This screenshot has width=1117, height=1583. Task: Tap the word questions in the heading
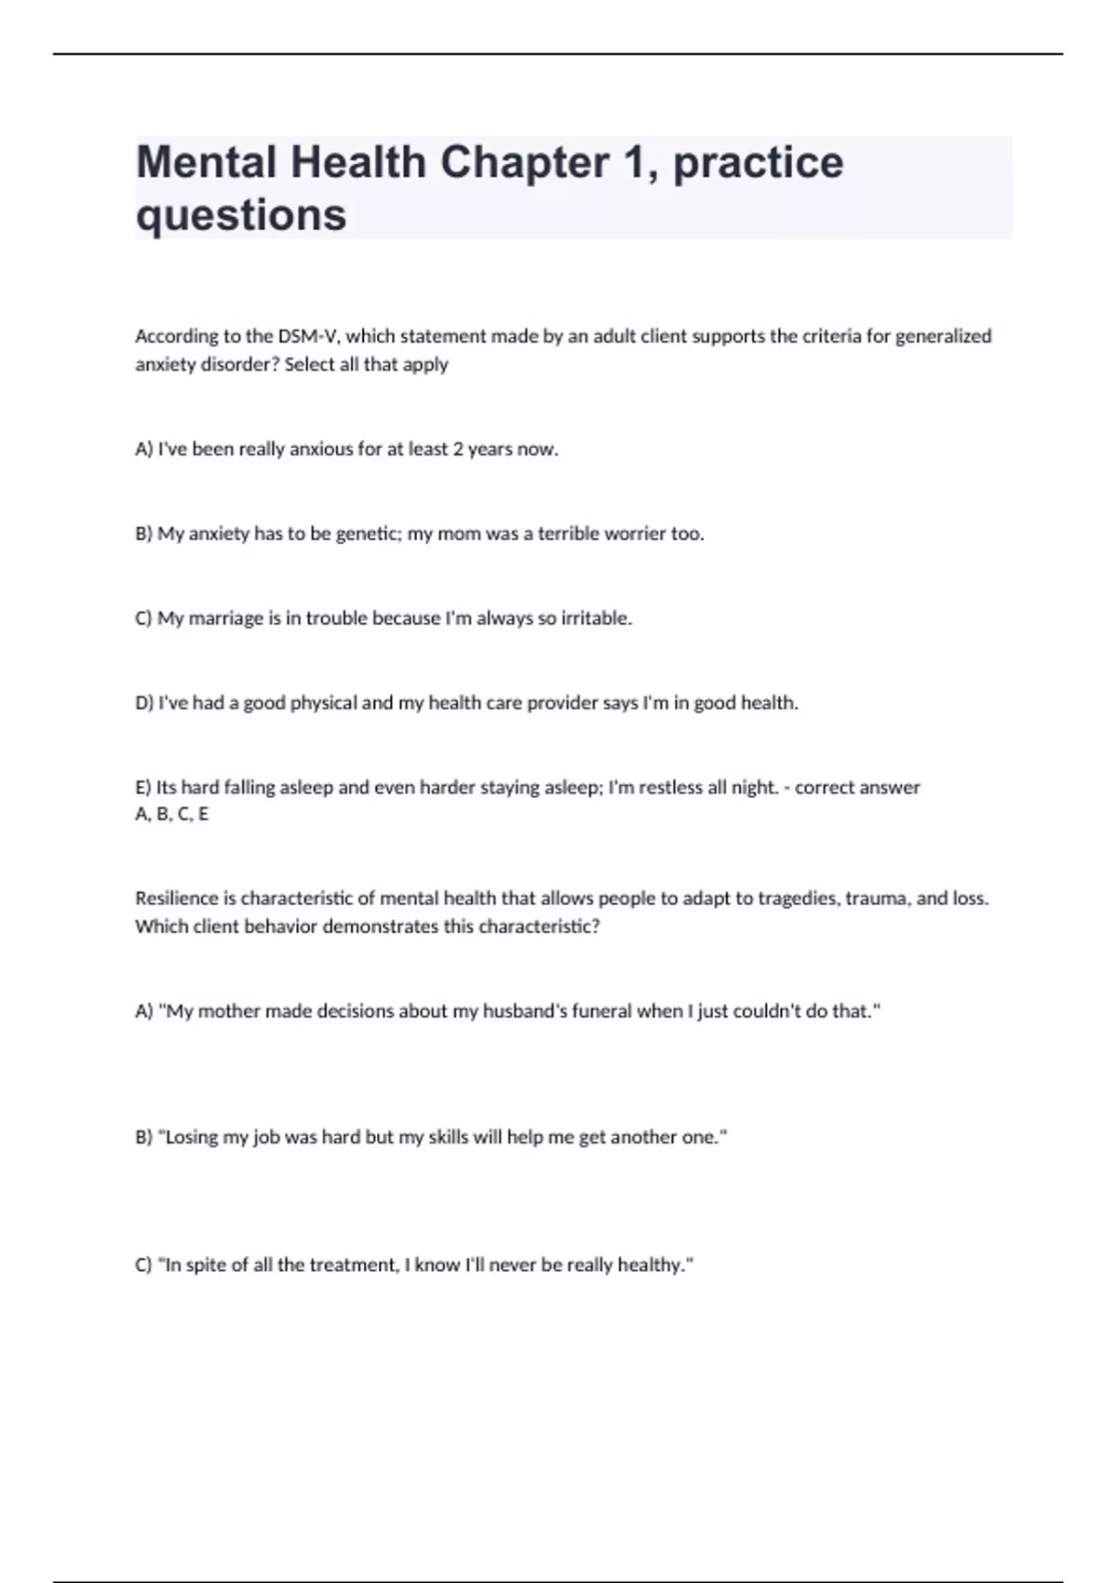241,215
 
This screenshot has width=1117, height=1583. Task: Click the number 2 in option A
458,449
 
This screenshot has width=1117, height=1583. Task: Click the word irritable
597,618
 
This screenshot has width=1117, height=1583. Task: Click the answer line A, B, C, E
172,815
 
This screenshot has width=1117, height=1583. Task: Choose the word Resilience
177,899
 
